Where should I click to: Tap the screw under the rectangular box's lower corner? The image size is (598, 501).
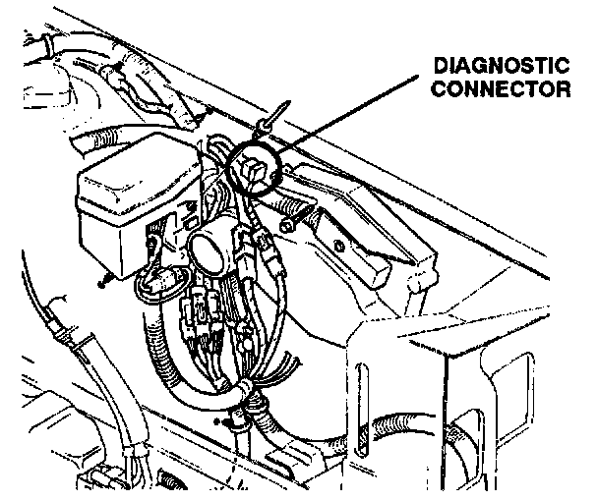point(101,284)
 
